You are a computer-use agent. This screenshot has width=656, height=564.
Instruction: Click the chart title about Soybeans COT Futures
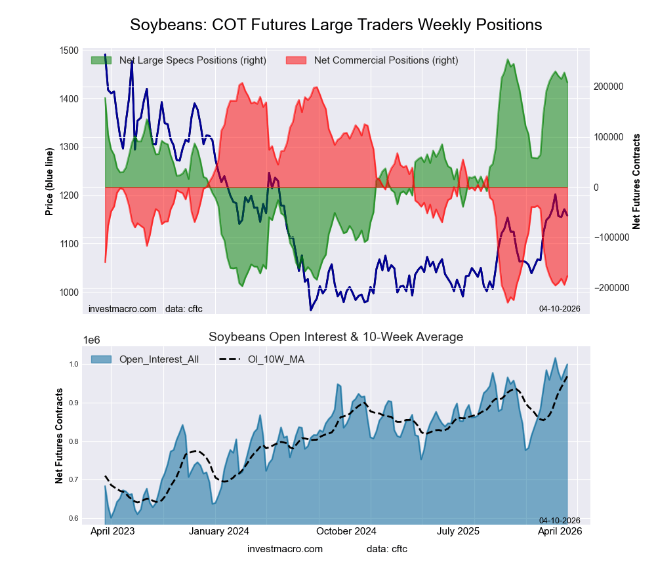336,25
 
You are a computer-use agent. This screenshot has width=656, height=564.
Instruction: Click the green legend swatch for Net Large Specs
102,60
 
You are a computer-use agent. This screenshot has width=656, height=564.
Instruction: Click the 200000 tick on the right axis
608,87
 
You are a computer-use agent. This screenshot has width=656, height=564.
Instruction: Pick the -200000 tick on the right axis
609,288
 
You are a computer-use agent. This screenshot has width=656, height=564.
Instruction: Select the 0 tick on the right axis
596,188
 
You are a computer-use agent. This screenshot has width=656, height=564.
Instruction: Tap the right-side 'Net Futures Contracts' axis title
636,182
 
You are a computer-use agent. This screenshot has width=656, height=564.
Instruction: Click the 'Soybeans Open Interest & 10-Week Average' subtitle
336,337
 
